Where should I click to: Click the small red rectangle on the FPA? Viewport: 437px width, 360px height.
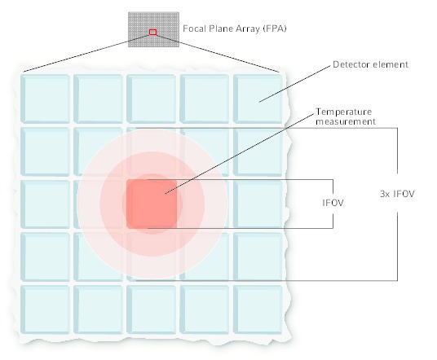152,33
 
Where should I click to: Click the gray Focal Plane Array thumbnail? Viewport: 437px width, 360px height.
153,29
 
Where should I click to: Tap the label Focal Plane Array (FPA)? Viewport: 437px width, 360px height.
235,29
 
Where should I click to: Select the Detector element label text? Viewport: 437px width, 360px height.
370,64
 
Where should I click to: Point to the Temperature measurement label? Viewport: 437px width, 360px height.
346,116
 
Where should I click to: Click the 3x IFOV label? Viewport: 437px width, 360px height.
397,194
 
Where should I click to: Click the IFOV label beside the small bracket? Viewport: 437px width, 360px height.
333,203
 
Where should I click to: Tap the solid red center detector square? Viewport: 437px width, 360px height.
152,204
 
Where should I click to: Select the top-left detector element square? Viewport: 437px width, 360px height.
45,99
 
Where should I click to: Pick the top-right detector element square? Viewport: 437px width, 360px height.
258,99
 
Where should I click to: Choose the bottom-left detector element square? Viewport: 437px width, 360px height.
45,310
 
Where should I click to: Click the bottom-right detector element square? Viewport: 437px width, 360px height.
258,310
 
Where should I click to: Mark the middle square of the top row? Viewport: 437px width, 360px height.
152,99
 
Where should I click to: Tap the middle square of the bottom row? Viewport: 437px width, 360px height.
152,310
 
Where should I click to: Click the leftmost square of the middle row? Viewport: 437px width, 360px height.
45,204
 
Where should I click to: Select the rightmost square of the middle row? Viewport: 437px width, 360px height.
258,204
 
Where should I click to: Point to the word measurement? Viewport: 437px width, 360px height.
346,121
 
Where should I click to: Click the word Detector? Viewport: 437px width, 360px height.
351,64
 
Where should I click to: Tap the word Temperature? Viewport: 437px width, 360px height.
343,112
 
